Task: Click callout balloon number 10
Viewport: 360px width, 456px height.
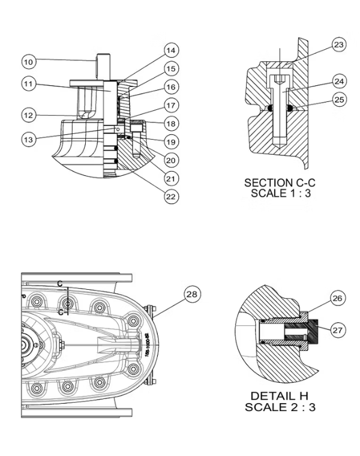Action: [x=29, y=61]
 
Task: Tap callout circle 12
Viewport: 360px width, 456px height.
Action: [x=29, y=114]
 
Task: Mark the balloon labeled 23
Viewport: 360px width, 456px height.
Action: [x=339, y=44]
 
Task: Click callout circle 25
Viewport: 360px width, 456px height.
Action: [x=339, y=100]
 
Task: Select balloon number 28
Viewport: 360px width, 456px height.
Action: [x=191, y=295]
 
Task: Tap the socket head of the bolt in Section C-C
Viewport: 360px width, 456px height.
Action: [x=280, y=79]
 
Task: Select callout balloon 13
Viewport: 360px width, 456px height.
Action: [x=29, y=139]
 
